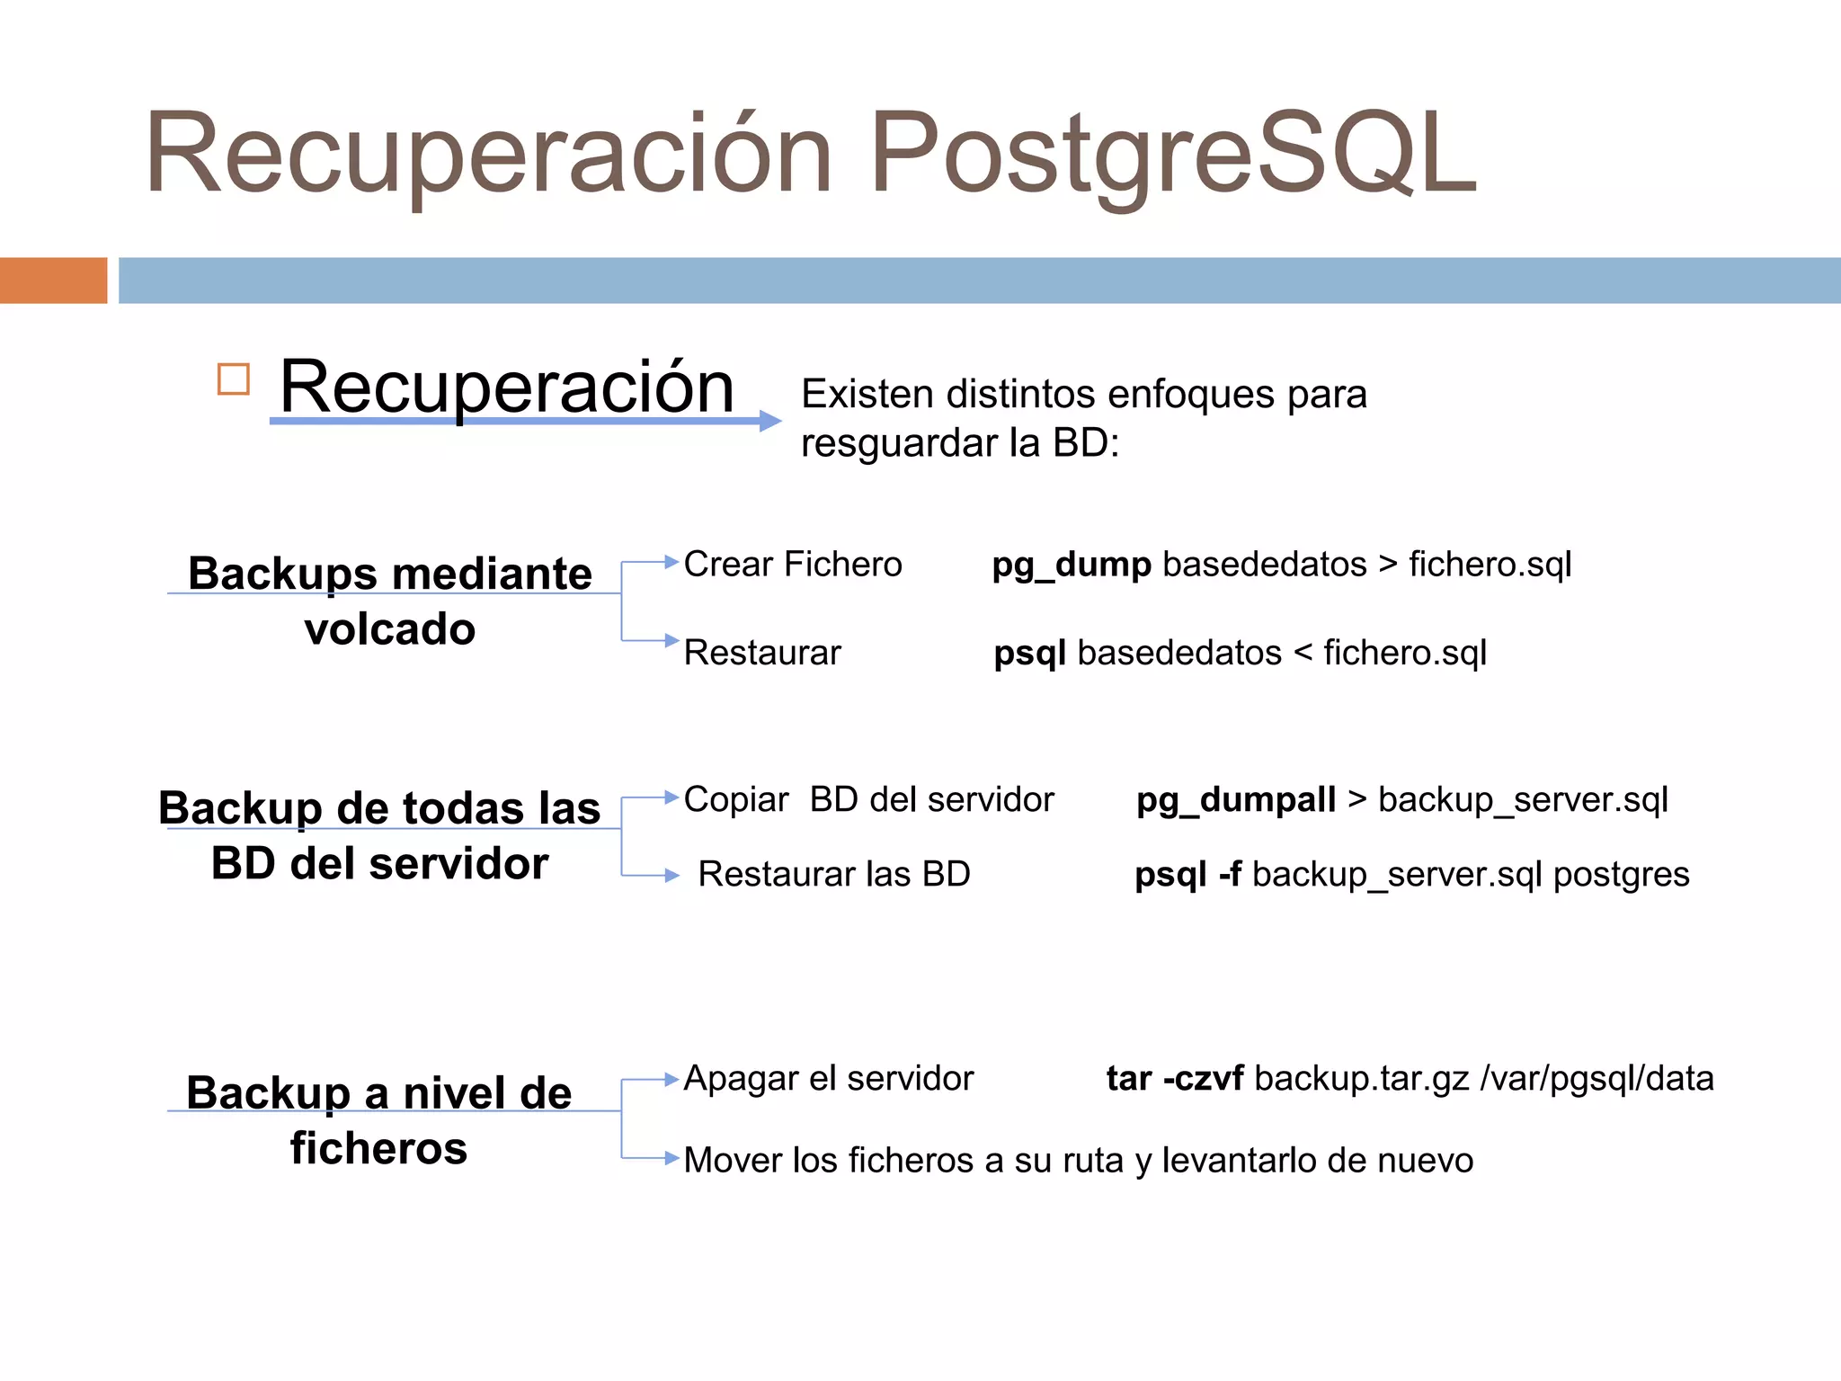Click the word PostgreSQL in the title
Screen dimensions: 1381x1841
point(1172,153)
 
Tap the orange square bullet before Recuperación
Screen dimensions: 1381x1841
point(234,379)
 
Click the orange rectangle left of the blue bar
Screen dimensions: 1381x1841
point(53,281)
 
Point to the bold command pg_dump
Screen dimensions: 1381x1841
point(1071,565)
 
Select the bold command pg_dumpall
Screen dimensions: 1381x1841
point(1236,799)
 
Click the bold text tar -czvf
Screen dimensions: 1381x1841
point(1174,1078)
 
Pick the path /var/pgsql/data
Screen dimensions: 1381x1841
point(1596,1078)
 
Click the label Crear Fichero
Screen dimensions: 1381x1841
point(792,565)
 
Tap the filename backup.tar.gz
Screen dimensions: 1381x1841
point(1361,1078)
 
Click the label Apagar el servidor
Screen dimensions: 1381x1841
point(828,1078)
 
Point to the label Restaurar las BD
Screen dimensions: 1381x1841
point(834,874)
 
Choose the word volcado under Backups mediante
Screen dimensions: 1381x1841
point(389,628)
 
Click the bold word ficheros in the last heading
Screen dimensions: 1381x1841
point(378,1148)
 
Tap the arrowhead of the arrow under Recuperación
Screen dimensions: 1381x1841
point(769,421)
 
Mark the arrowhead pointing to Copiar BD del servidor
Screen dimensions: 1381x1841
point(671,797)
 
